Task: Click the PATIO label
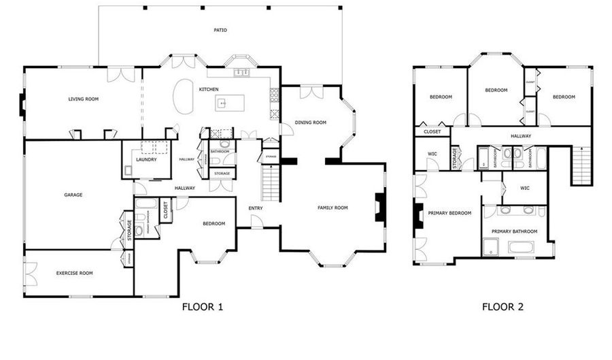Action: (x=220, y=31)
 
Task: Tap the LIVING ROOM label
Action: (x=84, y=99)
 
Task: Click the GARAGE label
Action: (x=73, y=195)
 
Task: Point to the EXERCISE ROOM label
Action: (x=74, y=273)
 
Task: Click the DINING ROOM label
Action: (x=311, y=123)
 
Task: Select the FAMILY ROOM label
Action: (x=333, y=208)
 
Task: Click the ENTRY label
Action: (x=256, y=208)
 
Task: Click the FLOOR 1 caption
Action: (x=203, y=307)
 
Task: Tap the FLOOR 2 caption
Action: (x=503, y=307)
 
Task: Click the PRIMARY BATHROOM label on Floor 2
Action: (x=514, y=232)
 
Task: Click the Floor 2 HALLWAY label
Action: (x=521, y=136)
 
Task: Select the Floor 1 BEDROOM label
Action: (x=214, y=224)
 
